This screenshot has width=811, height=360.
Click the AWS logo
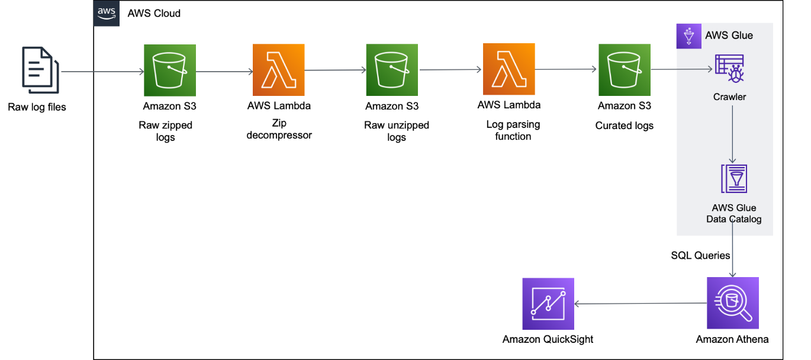click(x=107, y=14)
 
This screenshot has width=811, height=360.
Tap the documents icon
click(x=41, y=70)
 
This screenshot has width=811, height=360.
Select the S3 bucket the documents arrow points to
click(x=170, y=70)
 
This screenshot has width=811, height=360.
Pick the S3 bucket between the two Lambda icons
click(x=392, y=70)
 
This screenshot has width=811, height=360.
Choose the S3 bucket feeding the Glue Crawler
click(x=625, y=70)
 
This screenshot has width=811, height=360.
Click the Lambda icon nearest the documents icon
click(x=279, y=70)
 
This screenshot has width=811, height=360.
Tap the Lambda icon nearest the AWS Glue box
click(x=509, y=70)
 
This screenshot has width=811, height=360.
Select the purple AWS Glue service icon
click(x=689, y=36)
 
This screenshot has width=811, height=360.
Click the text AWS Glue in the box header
click(x=729, y=36)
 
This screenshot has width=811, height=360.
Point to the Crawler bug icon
click(x=729, y=69)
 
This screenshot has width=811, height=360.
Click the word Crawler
click(x=729, y=97)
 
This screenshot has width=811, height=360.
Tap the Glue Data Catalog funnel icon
click(x=734, y=178)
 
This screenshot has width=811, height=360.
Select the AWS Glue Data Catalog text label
click(x=734, y=214)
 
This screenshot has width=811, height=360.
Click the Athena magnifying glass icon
click(x=733, y=303)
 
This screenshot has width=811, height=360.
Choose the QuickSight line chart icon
click(x=548, y=304)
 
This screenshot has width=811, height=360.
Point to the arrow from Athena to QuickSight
click(x=639, y=304)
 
